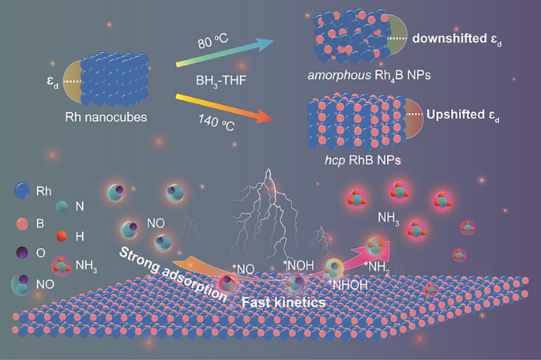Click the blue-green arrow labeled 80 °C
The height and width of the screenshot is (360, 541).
coord(224,53)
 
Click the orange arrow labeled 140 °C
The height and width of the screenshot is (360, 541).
coord(224,107)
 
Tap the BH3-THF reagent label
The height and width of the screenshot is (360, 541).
coord(221,81)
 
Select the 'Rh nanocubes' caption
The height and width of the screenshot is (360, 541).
coord(106,118)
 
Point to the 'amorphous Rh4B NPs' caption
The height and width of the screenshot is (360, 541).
coord(369,75)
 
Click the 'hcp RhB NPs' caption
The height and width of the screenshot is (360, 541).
coord(363,160)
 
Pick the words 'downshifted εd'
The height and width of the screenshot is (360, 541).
coord(456,39)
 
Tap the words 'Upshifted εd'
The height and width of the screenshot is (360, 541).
coord(463,114)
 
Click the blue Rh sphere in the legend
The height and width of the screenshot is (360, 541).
coord(22,190)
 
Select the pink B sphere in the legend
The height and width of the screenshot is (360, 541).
coord(22,223)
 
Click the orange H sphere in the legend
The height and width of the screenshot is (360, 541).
coord(62,236)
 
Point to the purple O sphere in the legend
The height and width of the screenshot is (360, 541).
coord(22,253)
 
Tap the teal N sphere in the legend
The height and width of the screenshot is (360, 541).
coord(62,206)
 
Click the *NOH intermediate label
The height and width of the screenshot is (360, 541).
coord(298,265)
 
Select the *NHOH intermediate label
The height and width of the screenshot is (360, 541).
coord(348,285)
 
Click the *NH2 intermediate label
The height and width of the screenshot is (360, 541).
coord(377,267)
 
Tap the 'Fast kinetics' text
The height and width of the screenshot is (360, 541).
coord(284,302)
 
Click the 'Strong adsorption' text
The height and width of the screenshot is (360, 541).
coord(172,274)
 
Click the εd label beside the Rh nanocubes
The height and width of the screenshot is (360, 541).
coord(53,84)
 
